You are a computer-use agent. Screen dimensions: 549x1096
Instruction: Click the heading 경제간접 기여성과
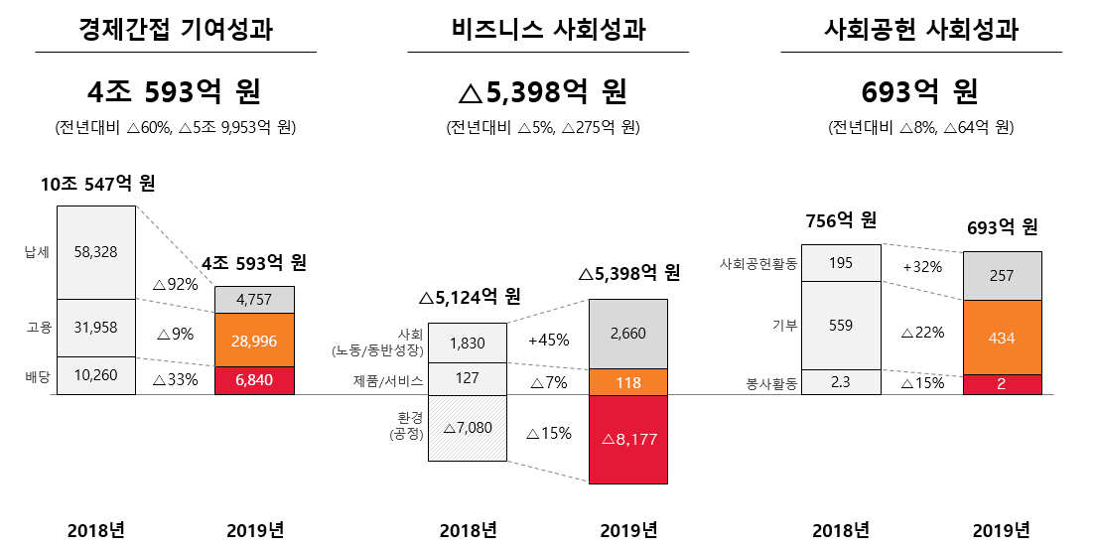click(176, 32)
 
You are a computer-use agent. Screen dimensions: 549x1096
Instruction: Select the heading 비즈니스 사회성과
click(548, 32)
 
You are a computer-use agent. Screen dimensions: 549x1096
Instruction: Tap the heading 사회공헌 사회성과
click(921, 32)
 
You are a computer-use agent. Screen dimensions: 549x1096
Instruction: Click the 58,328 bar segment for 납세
click(96, 252)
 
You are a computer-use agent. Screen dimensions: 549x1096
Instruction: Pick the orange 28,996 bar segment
click(254, 340)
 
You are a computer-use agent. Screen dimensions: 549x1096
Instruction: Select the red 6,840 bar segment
click(254, 381)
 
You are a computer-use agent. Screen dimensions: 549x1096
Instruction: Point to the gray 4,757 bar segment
click(254, 300)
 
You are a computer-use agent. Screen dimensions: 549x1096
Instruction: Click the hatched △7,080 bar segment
click(468, 428)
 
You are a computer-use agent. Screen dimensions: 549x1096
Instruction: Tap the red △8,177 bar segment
click(628, 440)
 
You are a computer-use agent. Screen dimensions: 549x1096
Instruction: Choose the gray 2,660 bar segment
click(628, 334)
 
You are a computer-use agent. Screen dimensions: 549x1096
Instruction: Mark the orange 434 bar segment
click(1003, 338)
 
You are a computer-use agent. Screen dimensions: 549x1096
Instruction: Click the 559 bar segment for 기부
click(840, 326)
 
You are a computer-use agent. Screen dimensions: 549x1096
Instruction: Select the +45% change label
click(548, 340)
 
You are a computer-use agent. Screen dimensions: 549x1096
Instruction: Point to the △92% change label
click(175, 284)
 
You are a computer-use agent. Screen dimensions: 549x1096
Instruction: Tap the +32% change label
click(921, 267)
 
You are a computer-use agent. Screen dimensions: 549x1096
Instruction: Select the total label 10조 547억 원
click(97, 185)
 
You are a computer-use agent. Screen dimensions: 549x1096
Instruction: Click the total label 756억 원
click(840, 219)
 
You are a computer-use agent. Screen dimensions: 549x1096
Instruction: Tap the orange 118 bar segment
click(628, 382)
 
